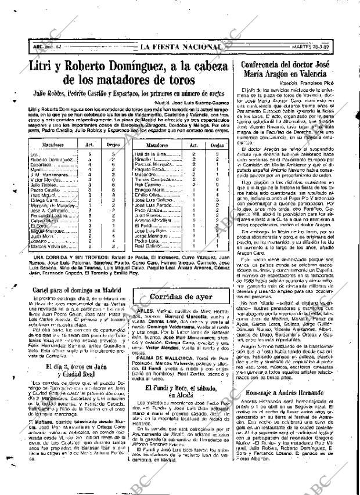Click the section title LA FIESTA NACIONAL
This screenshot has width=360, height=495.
(179, 47)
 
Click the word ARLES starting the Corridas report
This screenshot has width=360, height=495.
(143, 311)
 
